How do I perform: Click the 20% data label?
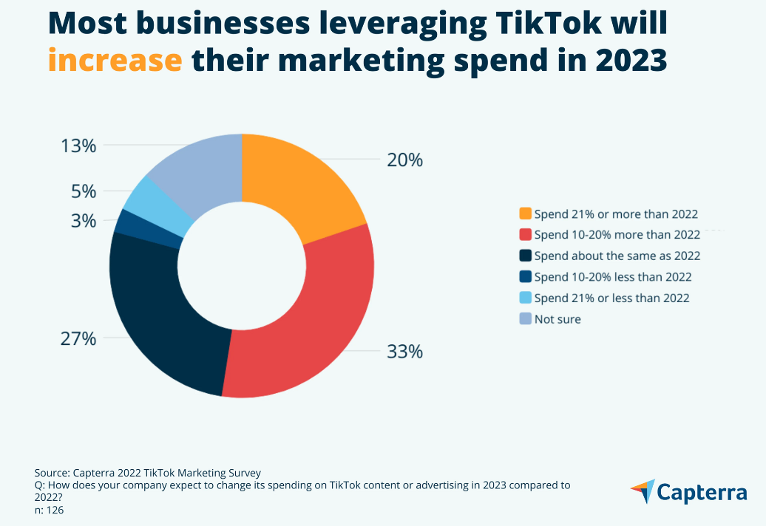tap(404, 160)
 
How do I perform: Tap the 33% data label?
tap(404, 352)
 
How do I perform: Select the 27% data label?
tap(78, 339)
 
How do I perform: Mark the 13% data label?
tap(78, 146)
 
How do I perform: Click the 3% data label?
tap(84, 221)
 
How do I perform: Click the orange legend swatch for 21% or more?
tap(525, 214)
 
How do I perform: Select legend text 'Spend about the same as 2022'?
tap(617, 256)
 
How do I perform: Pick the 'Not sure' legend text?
tap(557, 319)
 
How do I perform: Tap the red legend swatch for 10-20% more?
tap(525, 235)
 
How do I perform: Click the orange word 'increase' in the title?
tap(115, 61)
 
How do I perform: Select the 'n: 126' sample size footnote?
tap(49, 510)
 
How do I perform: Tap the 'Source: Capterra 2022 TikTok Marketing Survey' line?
tap(147, 473)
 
